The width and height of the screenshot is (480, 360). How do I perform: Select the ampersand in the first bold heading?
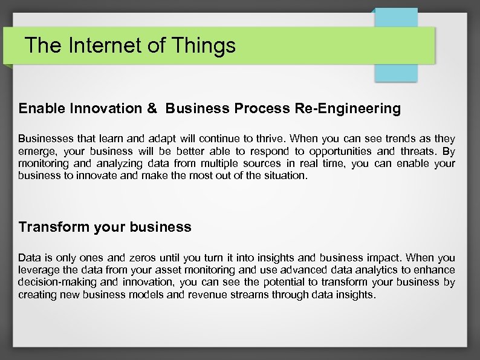click(x=152, y=109)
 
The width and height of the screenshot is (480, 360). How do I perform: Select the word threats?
click(x=417, y=151)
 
